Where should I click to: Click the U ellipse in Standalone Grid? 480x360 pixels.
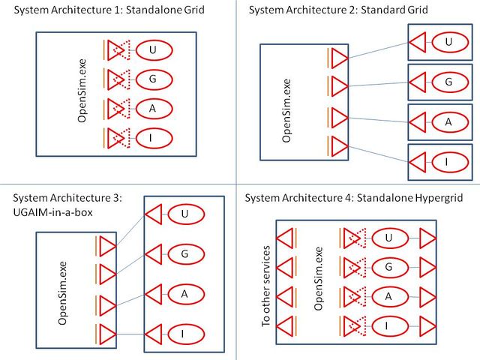click(152, 50)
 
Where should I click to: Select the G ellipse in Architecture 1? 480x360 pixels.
click(152, 79)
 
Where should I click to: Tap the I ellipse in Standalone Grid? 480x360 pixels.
click(152, 137)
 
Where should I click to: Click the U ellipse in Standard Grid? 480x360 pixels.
click(448, 42)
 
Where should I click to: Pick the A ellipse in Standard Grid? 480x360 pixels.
click(448, 121)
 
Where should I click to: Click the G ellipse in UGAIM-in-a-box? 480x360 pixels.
click(184, 253)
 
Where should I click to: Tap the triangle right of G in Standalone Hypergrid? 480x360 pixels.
click(427, 268)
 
